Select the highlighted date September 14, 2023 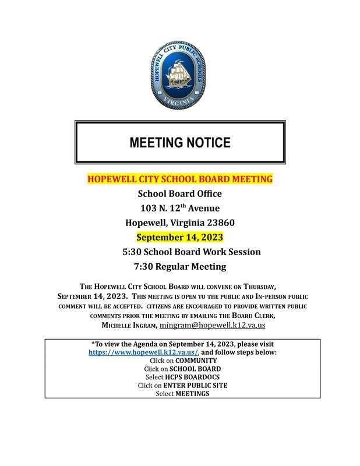tap(179, 237)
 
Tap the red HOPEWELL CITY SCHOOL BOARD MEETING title tap(179, 179)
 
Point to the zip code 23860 tap(218, 223)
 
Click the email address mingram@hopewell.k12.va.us tap(213, 326)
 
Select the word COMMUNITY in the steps tap(196, 361)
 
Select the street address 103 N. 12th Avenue tap(179, 208)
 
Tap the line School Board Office tap(179, 193)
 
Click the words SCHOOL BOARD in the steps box tap(195, 369)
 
